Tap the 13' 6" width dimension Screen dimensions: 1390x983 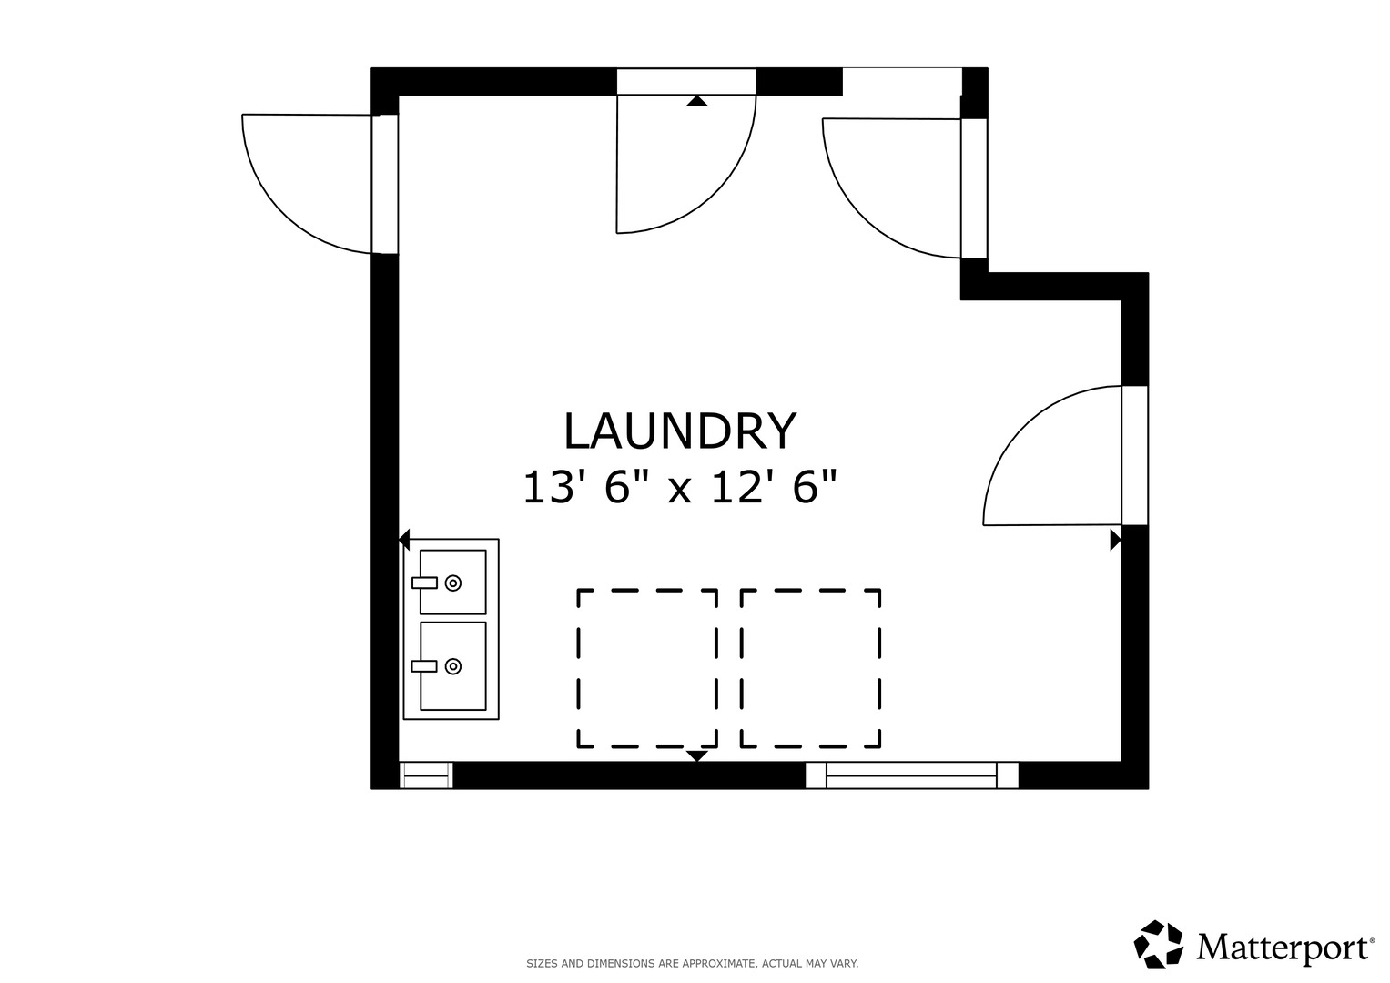(x=578, y=487)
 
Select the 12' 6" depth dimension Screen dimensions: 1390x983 (x=775, y=487)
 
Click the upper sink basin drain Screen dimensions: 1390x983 (x=453, y=583)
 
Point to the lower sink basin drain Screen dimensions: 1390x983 (x=453, y=666)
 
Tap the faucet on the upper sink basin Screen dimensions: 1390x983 (x=424, y=583)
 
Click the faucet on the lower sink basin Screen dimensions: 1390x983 (x=424, y=666)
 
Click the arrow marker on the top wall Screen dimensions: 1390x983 (x=697, y=101)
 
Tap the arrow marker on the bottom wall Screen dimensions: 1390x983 (x=697, y=755)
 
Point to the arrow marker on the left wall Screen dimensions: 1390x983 (x=404, y=540)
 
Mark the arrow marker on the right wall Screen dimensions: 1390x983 (x=1115, y=540)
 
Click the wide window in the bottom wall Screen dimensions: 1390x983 (x=911, y=775)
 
